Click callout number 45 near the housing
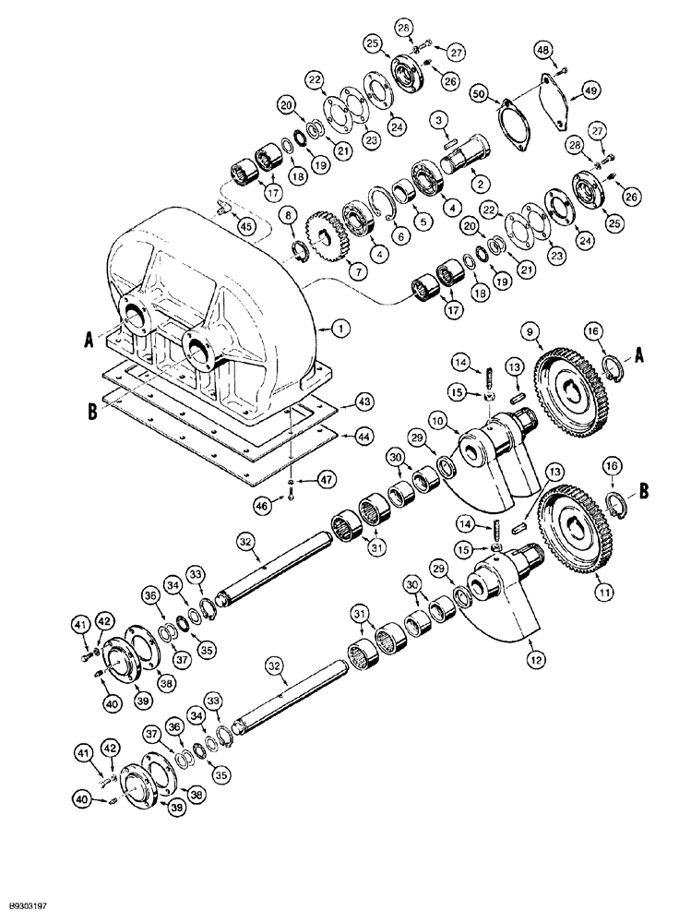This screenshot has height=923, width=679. point(244,226)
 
